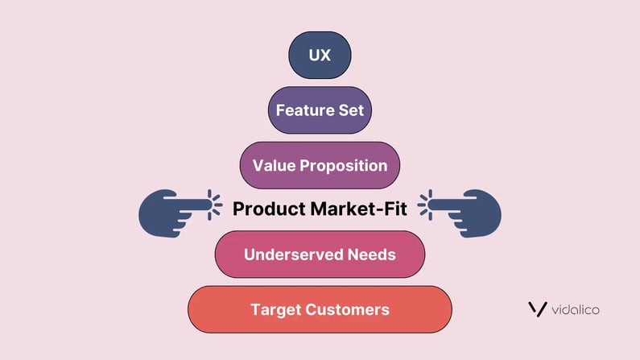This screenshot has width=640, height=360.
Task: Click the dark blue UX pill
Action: point(320,55)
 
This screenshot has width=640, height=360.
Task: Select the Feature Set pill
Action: point(320,110)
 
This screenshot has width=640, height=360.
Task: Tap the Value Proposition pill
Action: point(320,165)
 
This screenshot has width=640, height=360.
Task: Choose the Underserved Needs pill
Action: point(320,254)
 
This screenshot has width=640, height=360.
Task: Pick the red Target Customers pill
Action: point(320,309)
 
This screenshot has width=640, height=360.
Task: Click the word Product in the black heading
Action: point(270,209)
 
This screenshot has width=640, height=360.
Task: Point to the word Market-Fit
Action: point(359,209)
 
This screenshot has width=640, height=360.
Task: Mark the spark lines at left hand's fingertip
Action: point(215,205)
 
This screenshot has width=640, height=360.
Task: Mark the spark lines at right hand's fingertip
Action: point(425,205)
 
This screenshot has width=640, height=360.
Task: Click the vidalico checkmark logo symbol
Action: point(538,309)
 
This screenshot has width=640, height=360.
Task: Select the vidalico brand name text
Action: point(576,310)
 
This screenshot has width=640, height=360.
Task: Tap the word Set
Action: point(351,110)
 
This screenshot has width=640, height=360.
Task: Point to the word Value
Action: point(274,165)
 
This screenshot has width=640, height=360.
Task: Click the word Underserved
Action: point(294,254)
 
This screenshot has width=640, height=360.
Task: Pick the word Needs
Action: point(372,254)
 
